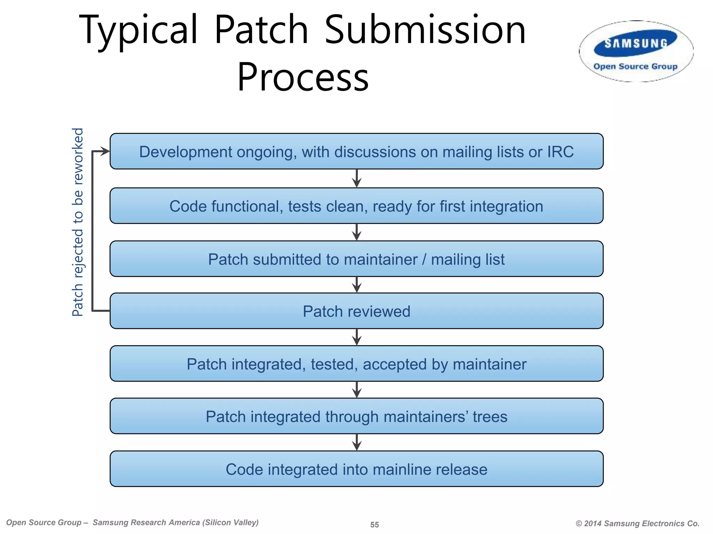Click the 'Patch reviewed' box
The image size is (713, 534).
356,311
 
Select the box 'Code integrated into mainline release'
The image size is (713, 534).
356,469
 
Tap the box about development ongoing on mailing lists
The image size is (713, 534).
356,152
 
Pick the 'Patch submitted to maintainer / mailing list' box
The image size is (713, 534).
356,259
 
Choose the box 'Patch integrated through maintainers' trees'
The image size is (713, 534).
356,416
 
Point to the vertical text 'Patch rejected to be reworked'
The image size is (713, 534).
78,222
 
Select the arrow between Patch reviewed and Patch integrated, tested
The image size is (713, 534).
356,337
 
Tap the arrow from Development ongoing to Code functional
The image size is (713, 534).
356,179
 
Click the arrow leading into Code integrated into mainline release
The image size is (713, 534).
356,443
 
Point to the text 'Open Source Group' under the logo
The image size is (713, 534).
635,66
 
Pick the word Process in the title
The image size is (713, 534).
303,77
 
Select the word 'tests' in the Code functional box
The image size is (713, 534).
305,207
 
